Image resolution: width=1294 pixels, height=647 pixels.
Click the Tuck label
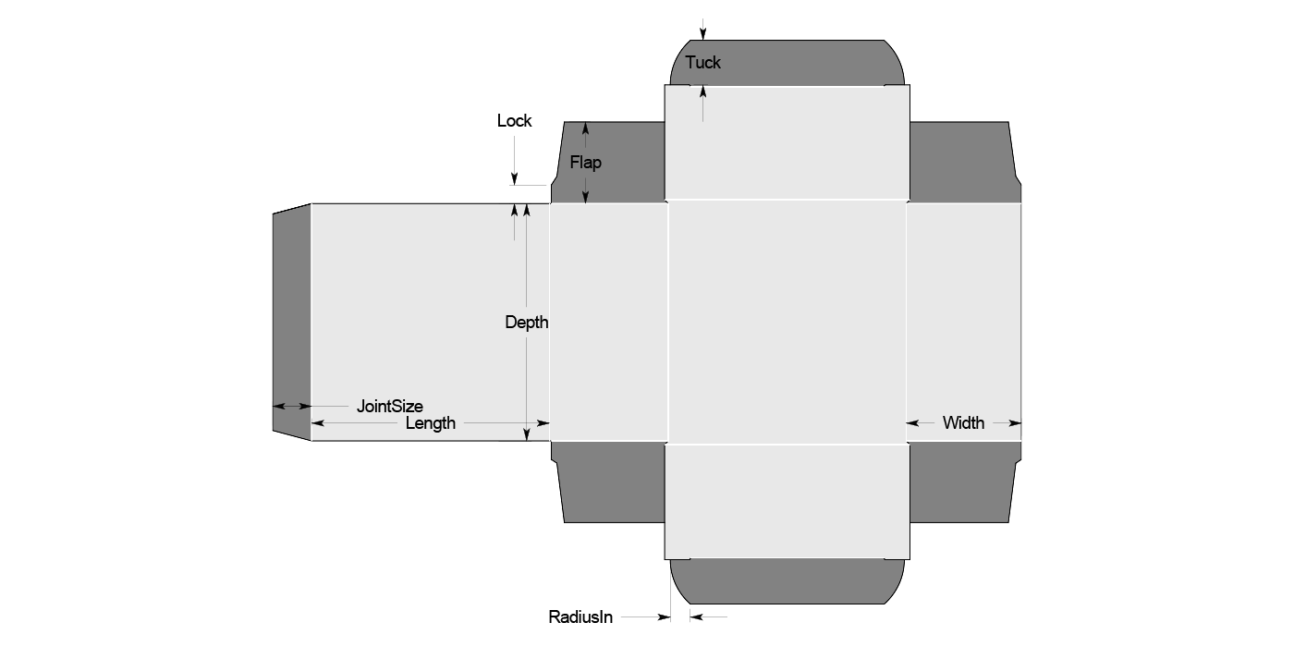pos(702,63)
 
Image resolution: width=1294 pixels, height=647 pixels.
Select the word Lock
pos(514,121)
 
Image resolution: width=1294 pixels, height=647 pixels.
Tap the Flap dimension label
pos(585,163)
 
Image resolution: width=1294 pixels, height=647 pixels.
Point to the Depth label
pos(526,323)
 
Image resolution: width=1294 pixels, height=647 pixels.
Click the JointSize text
pos(390,406)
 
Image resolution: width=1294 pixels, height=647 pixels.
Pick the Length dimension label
pos(431,423)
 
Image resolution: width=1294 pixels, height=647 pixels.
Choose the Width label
pos(963,423)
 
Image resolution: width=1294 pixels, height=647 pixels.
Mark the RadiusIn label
pos(580,616)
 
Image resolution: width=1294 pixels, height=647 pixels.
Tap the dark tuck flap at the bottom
pos(786,581)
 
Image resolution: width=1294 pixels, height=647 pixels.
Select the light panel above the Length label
pos(430,305)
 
